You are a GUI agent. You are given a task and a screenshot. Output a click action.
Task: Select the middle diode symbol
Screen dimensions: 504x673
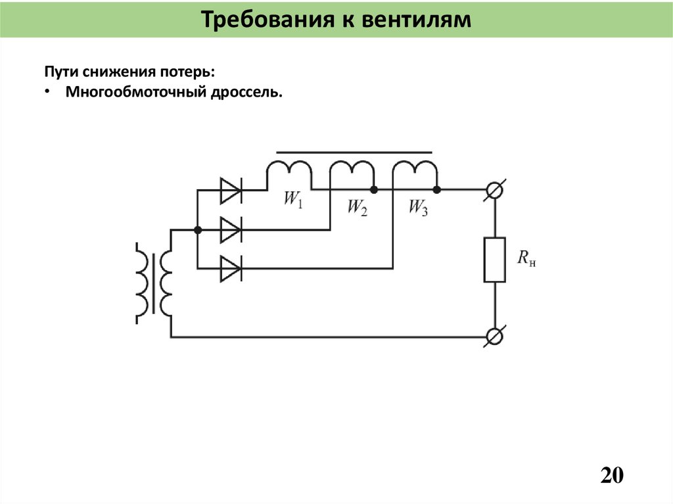(x=230, y=230)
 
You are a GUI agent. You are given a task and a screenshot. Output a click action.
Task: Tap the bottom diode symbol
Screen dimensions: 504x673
(x=230, y=268)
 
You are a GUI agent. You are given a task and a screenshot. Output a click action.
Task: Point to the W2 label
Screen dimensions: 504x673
(x=357, y=208)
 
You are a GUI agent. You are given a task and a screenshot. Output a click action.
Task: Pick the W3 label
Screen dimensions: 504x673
(x=418, y=208)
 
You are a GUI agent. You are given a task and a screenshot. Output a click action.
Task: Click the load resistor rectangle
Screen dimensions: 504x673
(x=494, y=260)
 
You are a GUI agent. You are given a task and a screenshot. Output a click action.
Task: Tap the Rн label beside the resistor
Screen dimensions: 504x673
(x=526, y=259)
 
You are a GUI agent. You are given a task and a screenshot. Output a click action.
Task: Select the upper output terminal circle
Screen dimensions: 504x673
(x=494, y=190)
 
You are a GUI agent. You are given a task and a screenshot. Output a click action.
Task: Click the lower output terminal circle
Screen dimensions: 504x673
(x=494, y=337)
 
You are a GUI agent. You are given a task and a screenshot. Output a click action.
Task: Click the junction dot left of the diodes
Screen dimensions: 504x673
(x=197, y=230)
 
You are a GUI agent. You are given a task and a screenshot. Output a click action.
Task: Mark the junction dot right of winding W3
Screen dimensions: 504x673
(x=437, y=190)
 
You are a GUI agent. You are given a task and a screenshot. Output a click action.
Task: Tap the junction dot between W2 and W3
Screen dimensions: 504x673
(x=373, y=190)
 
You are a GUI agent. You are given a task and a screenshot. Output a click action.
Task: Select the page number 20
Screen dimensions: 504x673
(x=611, y=474)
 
